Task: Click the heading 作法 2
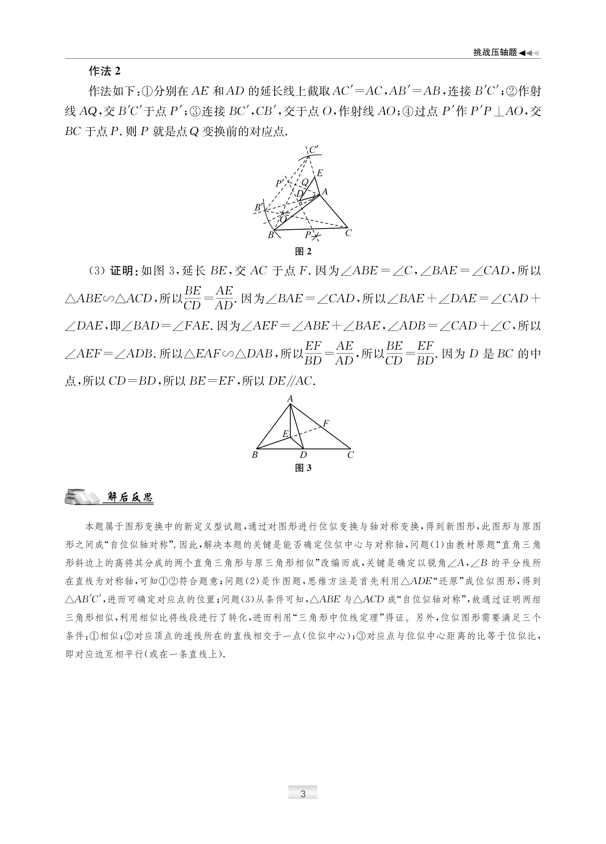(104, 71)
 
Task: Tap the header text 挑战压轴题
(495, 53)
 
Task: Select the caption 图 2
(303, 252)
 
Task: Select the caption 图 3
(303, 468)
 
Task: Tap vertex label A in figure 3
(290, 399)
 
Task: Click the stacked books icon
(81, 497)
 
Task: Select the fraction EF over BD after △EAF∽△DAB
(313, 353)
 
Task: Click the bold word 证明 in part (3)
(122, 271)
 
